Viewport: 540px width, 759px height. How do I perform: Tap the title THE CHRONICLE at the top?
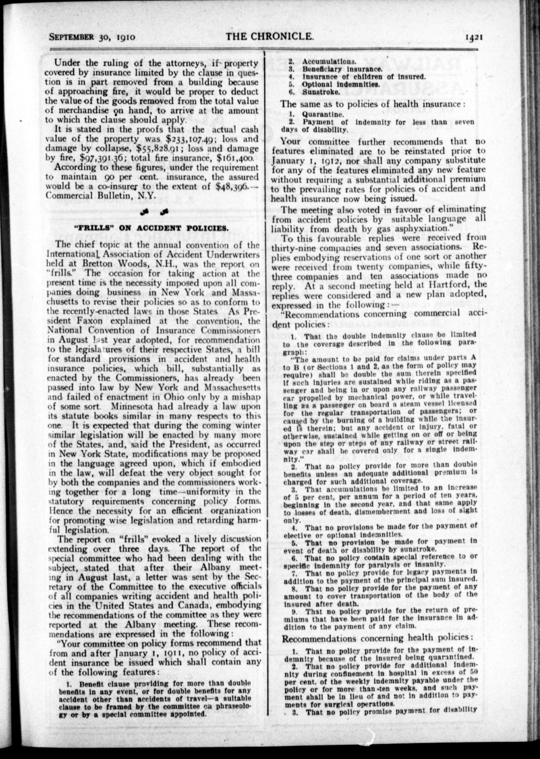pos(269,36)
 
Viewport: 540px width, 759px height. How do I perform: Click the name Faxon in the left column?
pos(90,321)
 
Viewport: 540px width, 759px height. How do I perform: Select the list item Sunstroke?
pos(321,92)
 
